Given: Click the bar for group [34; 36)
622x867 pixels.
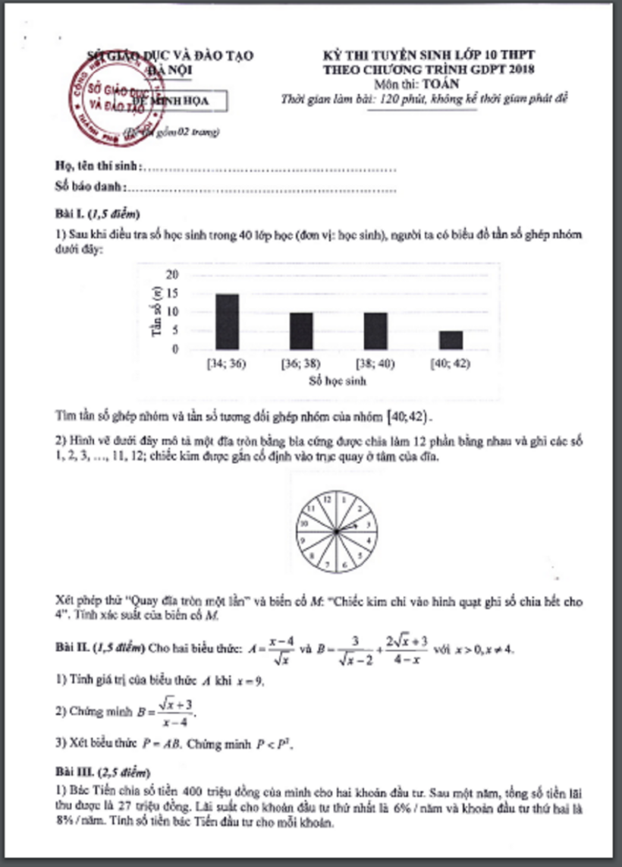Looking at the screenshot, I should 227,321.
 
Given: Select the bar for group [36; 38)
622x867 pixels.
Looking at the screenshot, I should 301,330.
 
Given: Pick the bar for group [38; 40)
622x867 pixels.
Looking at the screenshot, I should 375,330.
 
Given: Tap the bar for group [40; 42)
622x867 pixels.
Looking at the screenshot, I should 451,339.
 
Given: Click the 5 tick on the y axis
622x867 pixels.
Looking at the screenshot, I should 177,330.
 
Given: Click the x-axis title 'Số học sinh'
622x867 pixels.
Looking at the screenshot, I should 337,381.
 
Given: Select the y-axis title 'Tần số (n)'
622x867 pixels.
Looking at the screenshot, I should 157,312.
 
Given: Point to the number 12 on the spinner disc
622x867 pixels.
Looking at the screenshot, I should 327,499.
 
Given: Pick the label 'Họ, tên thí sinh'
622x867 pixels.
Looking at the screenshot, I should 96,166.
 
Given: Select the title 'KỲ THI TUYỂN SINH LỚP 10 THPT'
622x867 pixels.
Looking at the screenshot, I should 429,55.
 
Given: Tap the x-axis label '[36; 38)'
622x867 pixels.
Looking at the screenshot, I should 301,364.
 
